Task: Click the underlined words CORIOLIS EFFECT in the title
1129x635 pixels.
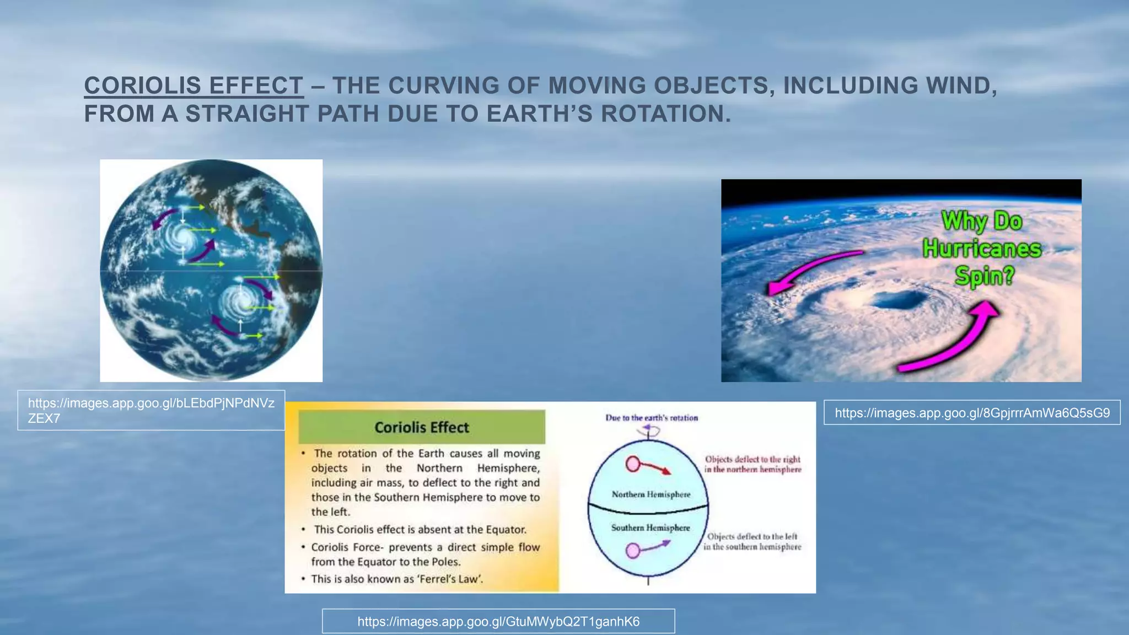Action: [193, 86]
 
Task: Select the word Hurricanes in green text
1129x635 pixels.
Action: [982, 249]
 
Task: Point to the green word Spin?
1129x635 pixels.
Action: [985, 276]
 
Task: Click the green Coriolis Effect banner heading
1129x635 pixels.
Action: [422, 427]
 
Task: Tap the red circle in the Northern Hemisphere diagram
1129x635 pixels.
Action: [633, 464]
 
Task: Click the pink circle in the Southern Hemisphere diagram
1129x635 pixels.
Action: [633, 550]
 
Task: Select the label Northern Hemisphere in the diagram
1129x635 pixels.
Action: [650, 494]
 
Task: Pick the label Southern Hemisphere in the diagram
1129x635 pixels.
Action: [650, 528]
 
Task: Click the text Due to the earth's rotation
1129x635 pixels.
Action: [652, 418]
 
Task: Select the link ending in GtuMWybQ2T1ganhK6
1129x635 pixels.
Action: [498, 622]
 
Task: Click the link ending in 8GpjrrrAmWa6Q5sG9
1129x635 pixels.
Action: [972, 413]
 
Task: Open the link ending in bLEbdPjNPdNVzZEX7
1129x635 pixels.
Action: [150, 410]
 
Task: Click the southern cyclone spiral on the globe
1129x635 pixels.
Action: [241, 302]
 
